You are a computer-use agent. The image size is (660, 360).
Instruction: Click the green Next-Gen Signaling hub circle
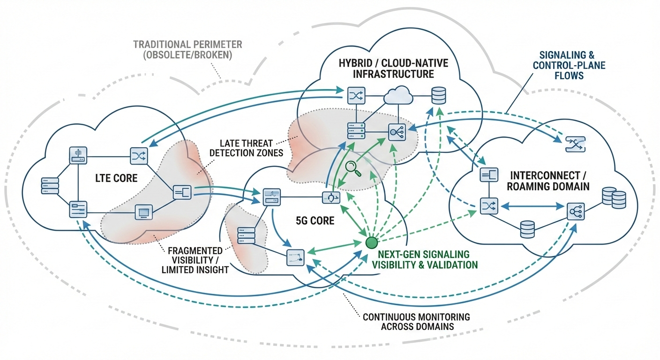click(x=371, y=242)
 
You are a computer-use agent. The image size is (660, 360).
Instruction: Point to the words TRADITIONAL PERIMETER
click(x=187, y=45)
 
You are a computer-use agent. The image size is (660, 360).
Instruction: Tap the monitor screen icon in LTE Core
click(x=142, y=212)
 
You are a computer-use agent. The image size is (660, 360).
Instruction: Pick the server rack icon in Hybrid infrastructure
click(x=355, y=130)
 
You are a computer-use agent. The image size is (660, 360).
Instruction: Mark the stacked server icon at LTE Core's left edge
click(x=50, y=186)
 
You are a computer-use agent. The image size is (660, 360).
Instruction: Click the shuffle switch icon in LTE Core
click(x=139, y=154)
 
